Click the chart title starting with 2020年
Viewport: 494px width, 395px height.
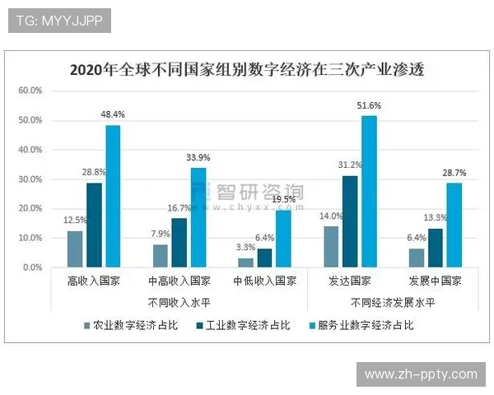pos(246,69)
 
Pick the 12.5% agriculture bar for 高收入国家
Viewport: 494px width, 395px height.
pos(75,249)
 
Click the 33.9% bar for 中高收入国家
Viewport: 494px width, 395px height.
pos(198,217)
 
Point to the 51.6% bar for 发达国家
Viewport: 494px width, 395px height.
pos(369,191)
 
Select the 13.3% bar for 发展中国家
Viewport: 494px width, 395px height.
pos(436,248)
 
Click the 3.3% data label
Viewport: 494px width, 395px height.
pos(245,248)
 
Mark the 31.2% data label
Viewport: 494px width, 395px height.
pos(350,165)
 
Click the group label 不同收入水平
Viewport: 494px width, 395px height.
pos(179,302)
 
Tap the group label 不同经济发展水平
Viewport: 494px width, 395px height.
pos(393,302)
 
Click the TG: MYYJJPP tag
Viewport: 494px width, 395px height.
pos(59,20)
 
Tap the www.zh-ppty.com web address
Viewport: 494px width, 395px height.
pos(421,374)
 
